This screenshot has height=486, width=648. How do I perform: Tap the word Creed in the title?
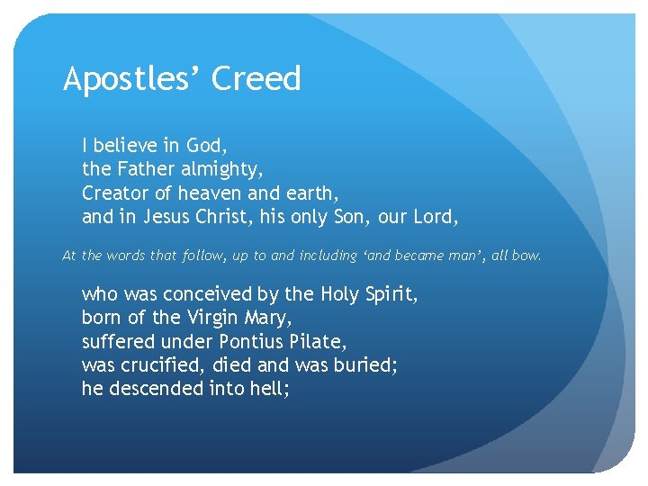tap(256, 79)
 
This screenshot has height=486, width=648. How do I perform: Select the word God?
tap(206, 145)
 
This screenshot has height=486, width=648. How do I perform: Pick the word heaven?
tap(208, 193)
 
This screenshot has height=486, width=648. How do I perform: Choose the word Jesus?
tap(166, 217)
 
